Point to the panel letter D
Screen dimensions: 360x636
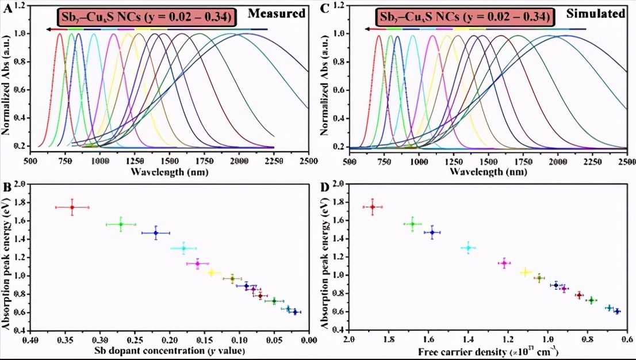pyautogui.click(x=325, y=188)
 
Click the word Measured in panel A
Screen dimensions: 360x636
pyautogui.click(x=281, y=14)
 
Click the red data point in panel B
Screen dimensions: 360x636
pyautogui.click(x=72, y=207)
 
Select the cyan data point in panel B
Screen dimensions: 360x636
pyautogui.click(x=183, y=248)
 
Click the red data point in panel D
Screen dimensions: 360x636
pyautogui.click(x=373, y=207)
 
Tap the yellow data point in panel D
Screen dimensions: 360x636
pyautogui.click(x=525, y=272)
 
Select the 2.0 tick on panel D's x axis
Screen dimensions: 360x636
pyautogui.click(x=348, y=340)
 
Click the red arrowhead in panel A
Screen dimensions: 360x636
pyautogui.click(x=52, y=29)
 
